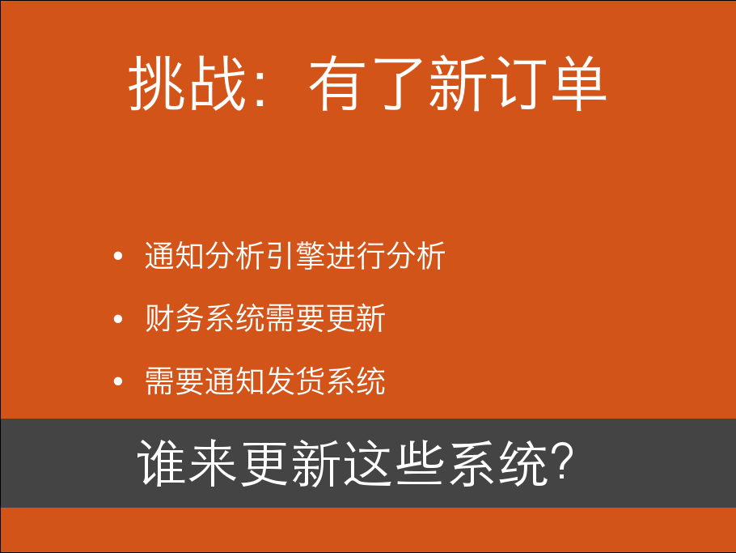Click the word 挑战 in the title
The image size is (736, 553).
[188, 83]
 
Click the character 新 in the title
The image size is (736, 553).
[458, 83]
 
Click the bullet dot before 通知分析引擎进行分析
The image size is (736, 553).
[118, 256]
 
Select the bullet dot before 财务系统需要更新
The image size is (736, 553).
[118, 319]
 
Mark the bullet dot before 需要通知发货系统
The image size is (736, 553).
[118, 381]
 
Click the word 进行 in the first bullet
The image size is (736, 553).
[356, 256]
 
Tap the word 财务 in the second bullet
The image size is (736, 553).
[175, 318]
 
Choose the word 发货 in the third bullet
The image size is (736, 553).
[295, 381]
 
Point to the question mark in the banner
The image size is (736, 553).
[562, 462]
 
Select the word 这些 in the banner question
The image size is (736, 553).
[393, 463]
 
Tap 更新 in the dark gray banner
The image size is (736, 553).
[290, 463]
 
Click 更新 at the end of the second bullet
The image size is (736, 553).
[356, 318]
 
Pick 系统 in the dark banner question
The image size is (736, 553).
[497, 463]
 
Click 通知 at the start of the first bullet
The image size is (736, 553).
[175, 256]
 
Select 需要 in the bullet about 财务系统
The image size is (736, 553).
[295, 318]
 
